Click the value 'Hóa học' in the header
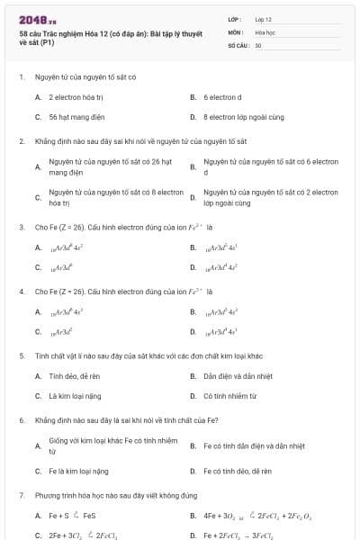tap(265, 31)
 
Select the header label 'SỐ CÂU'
tap(238, 44)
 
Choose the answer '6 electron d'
tap(221, 96)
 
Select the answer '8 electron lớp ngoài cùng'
tap(238, 116)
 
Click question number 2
tap(21, 141)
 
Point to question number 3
tap(21, 227)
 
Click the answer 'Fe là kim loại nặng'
tap(78, 470)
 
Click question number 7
tap(21, 495)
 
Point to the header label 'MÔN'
tap(235, 31)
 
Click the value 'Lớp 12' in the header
tap(264, 18)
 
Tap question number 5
tap(21, 355)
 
